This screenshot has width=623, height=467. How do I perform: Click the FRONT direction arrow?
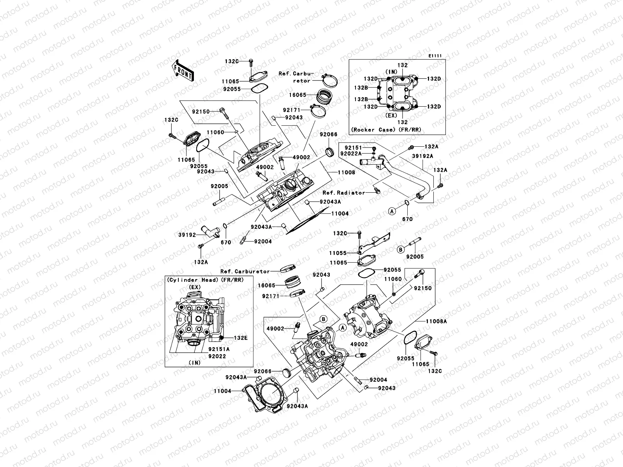coord(183,70)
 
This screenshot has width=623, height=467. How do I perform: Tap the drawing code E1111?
coord(435,56)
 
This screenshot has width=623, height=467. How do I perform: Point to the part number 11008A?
coord(436,321)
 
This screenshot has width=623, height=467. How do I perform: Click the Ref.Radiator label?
coord(344,193)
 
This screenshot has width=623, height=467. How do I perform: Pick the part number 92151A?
coord(218,349)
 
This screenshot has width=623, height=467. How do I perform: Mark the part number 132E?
coord(240,338)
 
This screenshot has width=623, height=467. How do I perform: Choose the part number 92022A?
coord(351,154)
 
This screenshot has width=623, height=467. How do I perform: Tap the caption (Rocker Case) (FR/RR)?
coord(386,130)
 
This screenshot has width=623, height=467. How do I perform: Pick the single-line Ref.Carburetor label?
coord(245,271)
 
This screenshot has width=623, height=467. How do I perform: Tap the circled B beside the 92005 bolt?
coord(400,249)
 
